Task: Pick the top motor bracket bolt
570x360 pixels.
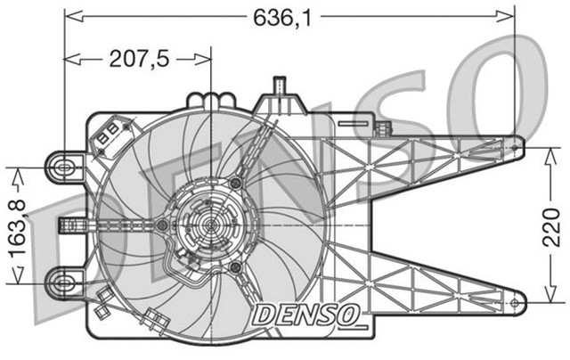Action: click(235, 183)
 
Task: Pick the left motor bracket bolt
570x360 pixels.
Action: click(161, 225)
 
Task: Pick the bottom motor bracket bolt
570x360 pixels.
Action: click(235, 267)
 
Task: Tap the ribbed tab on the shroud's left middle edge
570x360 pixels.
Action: click(67, 224)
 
